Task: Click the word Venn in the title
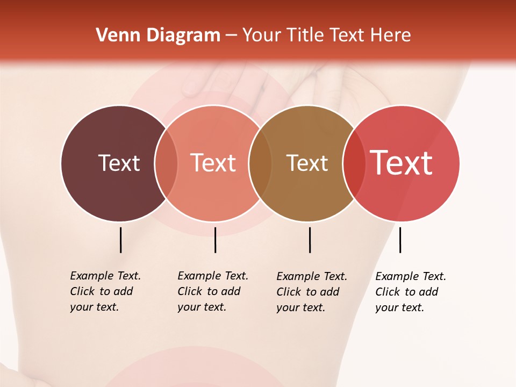click(x=114, y=35)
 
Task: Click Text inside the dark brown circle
click(x=119, y=163)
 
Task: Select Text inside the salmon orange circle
click(x=213, y=163)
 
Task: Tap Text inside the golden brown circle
click(x=307, y=163)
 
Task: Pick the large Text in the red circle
click(x=402, y=163)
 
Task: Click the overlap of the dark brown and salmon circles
click(x=166, y=163)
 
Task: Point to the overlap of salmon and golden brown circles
click(x=260, y=163)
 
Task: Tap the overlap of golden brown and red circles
click(x=354, y=163)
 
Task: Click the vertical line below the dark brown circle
click(x=120, y=240)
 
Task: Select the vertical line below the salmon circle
click(x=215, y=240)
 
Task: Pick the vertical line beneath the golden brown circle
click(x=310, y=240)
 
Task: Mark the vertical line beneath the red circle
click(x=400, y=240)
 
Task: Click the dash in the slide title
click(x=231, y=36)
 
